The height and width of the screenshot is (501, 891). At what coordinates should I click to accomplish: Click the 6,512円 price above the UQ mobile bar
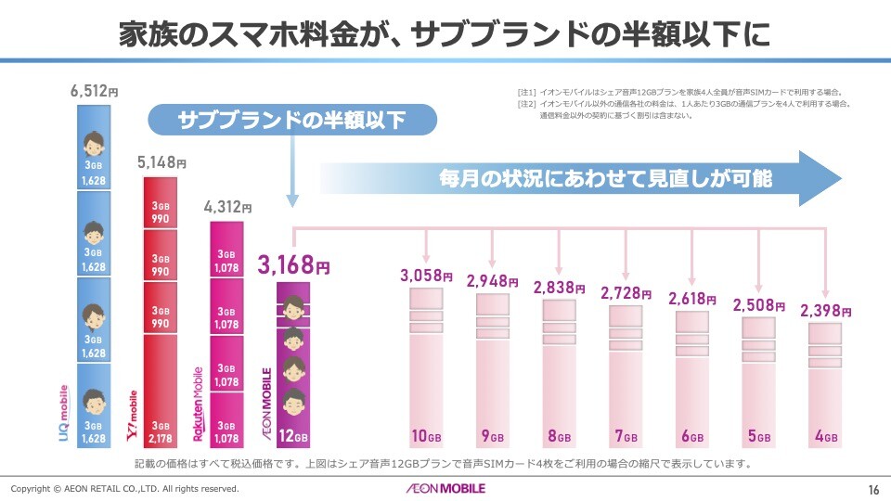click(x=94, y=92)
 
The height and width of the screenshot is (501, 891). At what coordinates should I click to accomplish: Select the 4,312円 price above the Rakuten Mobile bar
click(x=227, y=208)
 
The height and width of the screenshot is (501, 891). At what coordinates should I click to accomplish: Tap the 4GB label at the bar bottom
click(x=825, y=436)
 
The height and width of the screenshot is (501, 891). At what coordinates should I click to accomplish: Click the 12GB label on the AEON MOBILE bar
click(x=293, y=436)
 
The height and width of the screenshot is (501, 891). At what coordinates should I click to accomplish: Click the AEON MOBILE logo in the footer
click(x=445, y=488)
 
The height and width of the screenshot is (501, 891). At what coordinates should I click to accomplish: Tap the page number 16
click(x=873, y=489)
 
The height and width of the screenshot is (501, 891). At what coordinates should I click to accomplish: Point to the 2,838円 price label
click(x=559, y=288)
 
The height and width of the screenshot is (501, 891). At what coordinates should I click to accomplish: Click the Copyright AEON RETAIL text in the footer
click(x=124, y=489)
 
